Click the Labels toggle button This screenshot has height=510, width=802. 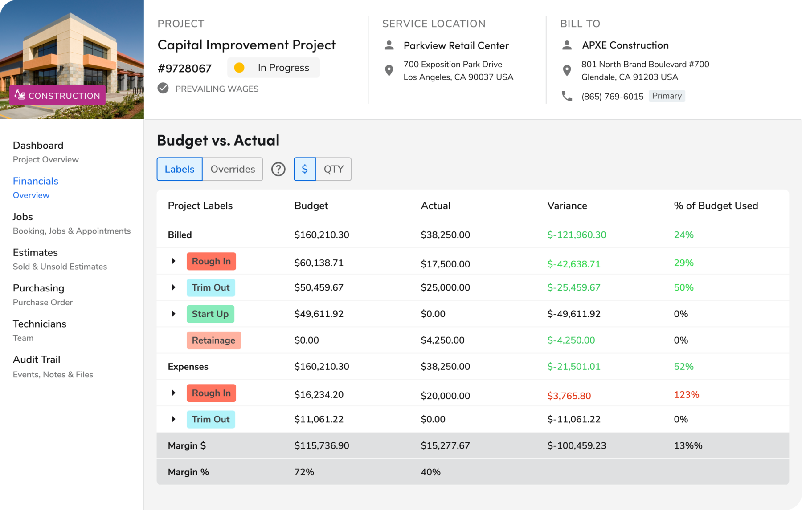click(x=180, y=169)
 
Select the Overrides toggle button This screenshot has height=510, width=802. click(x=233, y=169)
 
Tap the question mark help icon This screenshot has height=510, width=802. click(x=278, y=169)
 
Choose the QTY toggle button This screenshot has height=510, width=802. click(x=333, y=169)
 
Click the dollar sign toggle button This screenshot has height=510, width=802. click(x=305, y=169)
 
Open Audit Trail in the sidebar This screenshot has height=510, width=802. click(x=37, y=360)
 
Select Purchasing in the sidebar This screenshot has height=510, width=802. click(x=38, y=288)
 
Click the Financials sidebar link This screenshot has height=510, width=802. click(x=36, y=181)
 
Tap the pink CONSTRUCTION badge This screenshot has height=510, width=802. click(x=57, y=95)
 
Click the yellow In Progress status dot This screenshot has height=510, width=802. click(x=239, y=68)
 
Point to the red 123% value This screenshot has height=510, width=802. click(x=686, y=395)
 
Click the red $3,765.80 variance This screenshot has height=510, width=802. click(x=569, y=396)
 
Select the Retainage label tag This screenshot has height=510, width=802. click(x=213, y=340)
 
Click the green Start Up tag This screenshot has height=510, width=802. click(x=210, y=314)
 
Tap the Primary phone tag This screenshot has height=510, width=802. click(x=667, y=96)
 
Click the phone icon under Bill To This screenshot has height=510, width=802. click(x=567, y=96)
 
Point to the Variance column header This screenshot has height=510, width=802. click(x=567, y=206)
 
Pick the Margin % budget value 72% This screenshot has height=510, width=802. click(x=304, y=472)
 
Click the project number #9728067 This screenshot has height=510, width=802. click(x=184, y=69)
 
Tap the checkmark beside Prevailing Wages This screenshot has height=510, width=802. click(x=163, y=88)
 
